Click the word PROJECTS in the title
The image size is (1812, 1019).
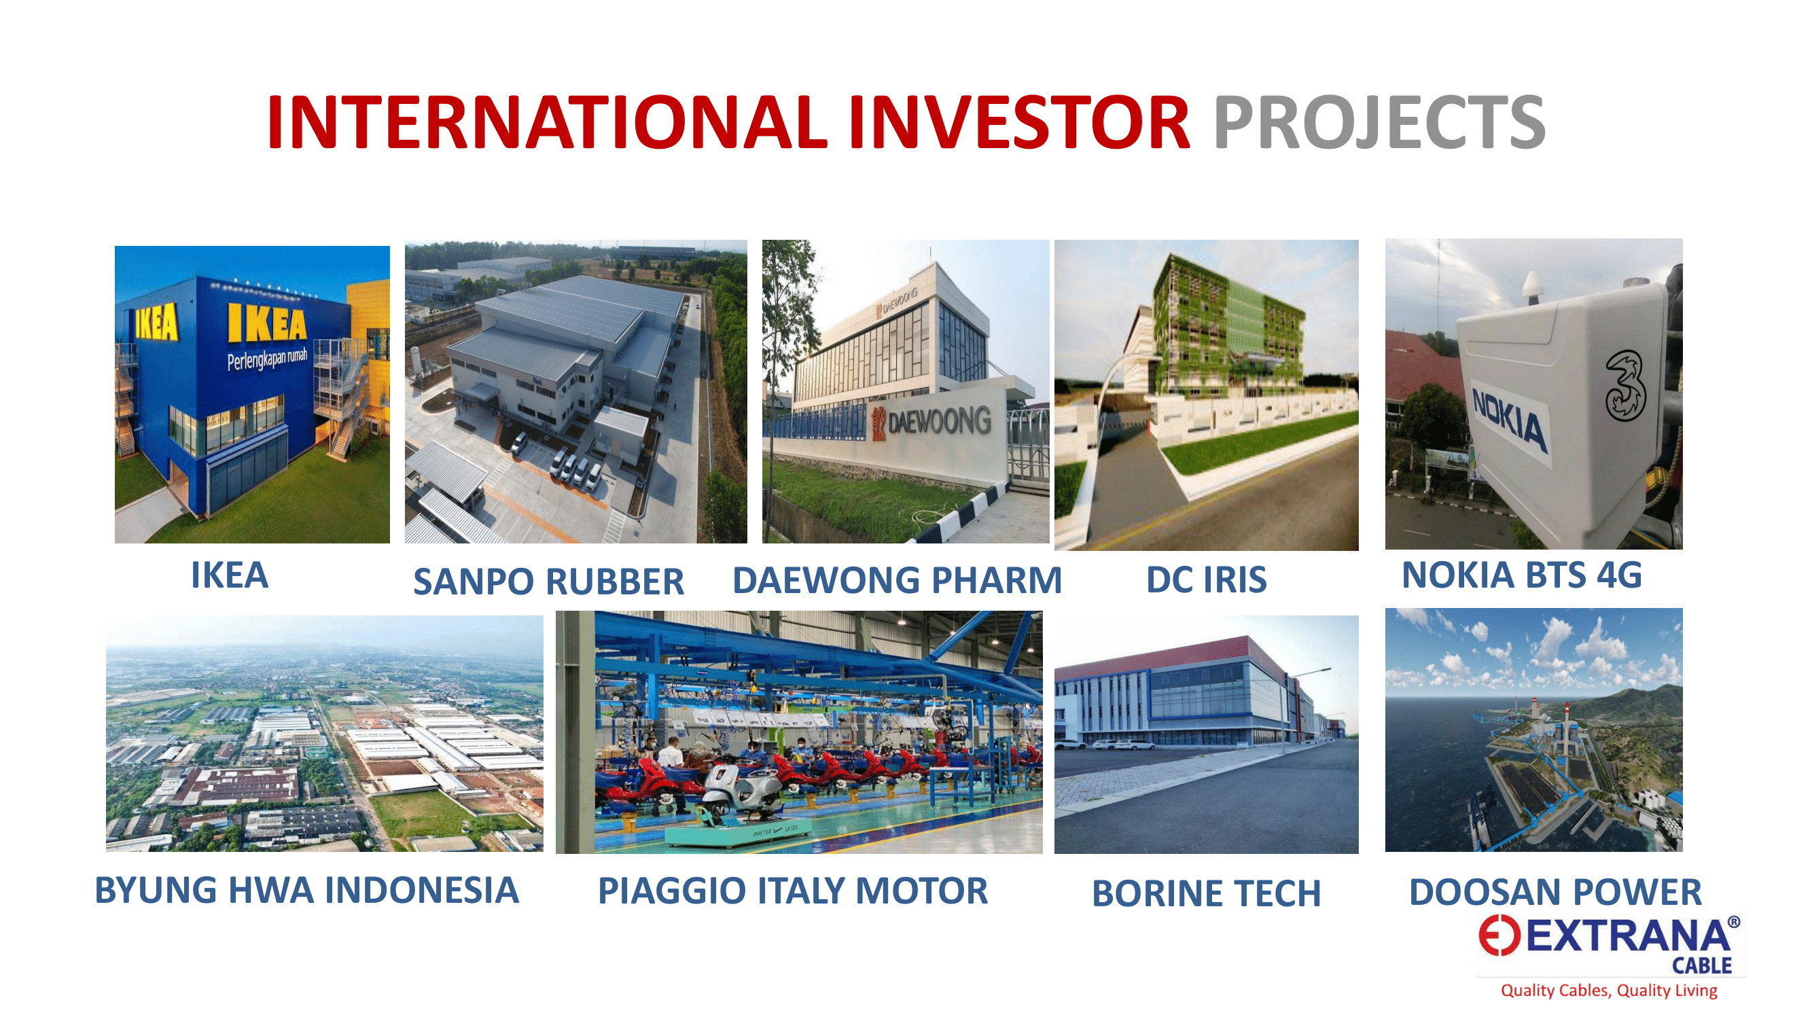[1379, 122]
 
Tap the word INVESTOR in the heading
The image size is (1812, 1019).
[1019, 122]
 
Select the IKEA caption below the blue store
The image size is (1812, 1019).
[230, 575]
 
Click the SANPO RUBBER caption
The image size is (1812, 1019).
[548, 582]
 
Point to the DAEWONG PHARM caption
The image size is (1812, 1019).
[897, 580]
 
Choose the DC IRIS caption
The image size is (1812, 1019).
[1207, 579]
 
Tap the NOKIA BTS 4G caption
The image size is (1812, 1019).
[1522, 575]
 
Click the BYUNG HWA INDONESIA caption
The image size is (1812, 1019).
[306, 890]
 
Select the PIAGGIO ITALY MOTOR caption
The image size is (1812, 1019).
[793, 891]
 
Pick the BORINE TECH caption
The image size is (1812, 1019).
[1207, 894]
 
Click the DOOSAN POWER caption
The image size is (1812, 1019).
[1555, 892]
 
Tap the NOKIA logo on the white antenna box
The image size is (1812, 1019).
[1510, 421]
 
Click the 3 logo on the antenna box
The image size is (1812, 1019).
[1626, 386]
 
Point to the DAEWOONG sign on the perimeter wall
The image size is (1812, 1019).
[931, 422]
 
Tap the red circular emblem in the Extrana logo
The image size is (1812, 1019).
[1499, 936]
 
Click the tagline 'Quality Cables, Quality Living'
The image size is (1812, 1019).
[1609, 990]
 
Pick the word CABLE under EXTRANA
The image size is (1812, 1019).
[1701, 965]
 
